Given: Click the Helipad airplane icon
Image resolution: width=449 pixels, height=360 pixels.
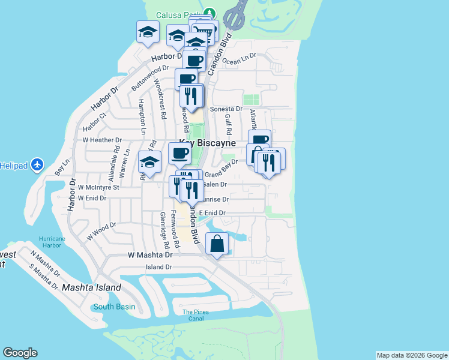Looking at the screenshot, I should click(x=37, y=164).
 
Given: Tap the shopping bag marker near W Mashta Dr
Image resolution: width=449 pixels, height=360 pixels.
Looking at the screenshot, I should click(x=217, y=244).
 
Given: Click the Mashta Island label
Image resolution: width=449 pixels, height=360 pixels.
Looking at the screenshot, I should click(x=91, y=287).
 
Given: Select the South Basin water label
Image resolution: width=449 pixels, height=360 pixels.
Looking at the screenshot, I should click(x=114, y=307).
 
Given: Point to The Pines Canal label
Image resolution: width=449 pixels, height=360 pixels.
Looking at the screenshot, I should click(x=196, y=315).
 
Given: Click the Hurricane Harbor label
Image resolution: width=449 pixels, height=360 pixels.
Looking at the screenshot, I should click(x=53, y=241).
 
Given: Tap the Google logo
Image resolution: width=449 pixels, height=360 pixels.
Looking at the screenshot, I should click(x=20, y=353).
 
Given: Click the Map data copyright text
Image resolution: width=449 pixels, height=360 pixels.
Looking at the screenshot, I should click(x=411, y=355).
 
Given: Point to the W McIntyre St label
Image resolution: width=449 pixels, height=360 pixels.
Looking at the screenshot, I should click(x=99, y=187).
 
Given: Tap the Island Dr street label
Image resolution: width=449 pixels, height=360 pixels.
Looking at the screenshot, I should click(x=158, y=266).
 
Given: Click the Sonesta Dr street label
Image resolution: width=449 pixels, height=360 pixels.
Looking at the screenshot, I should click(x=230, y=109).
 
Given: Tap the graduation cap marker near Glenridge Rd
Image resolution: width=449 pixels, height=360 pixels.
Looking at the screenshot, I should click(x=149, y=163).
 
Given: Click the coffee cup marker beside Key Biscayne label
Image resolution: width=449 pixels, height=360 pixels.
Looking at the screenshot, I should click(x=179, y=154).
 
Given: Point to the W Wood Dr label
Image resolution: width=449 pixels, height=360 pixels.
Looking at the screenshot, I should click(x=101, y=232).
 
